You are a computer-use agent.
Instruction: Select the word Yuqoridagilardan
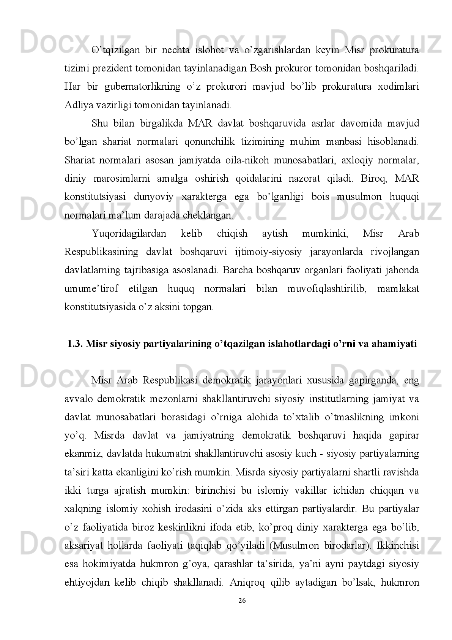pyautogui.click(x=129, y=233)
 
